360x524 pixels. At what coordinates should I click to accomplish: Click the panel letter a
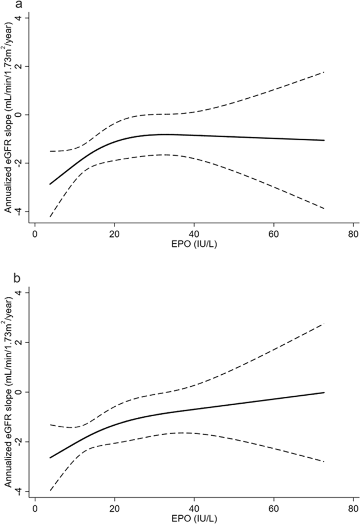pyautogui.click(x=5, y=5)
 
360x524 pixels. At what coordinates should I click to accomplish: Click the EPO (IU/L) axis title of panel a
pyautogui.click(x=193, y=245)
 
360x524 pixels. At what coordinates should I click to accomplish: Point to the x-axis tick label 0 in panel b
pyautogui.click(x=35, y=509)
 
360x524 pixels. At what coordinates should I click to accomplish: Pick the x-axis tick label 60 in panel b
pyautogui.click(x=273, y=509)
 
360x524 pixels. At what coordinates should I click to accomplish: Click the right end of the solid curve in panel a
pyautogui.click(x=324, y=140)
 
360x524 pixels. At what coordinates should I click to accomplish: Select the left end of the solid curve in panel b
pyautogui.click(x=50, y=458)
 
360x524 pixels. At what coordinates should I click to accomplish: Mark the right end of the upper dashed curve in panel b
pyautogui.click(x=324, y=324)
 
